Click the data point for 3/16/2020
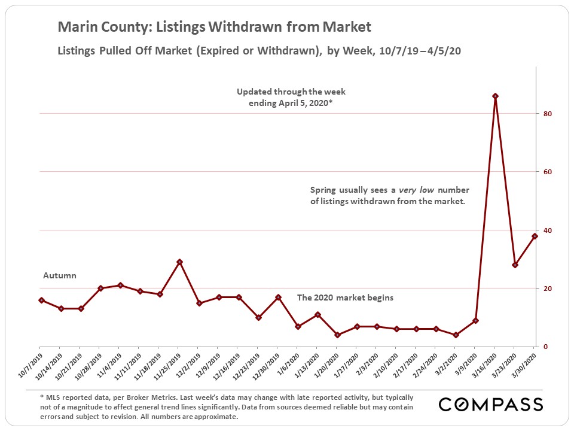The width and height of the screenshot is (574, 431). (495, 96)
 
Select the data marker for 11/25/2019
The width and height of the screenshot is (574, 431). (179, 262)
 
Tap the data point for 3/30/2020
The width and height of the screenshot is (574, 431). (535, 236)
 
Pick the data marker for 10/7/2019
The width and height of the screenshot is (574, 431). (41, 300)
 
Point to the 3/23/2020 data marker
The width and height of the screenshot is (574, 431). (515, 265)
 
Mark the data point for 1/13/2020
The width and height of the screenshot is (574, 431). (317, 315)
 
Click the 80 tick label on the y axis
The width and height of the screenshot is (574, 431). (547, 114)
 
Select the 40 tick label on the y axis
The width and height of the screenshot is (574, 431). (547, 230)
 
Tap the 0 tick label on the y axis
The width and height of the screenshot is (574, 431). (545, 347)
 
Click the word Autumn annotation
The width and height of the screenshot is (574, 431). (60, 276)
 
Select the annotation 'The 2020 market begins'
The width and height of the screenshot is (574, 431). (346, 298)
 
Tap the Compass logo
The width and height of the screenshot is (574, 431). (491, 405)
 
